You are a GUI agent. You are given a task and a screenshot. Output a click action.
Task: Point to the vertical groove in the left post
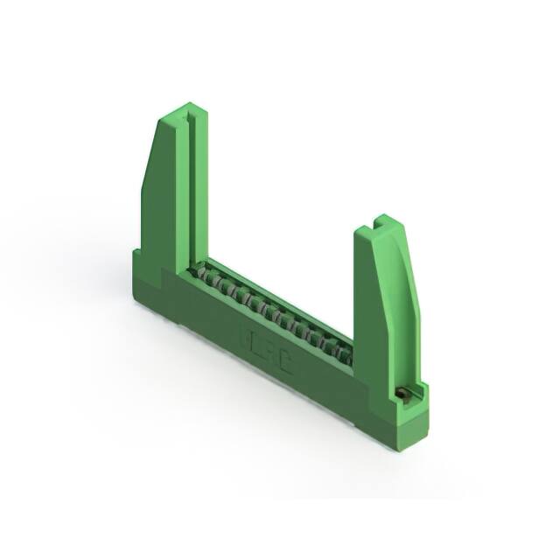[187, 192]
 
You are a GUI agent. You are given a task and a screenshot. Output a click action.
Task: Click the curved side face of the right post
[408, 297]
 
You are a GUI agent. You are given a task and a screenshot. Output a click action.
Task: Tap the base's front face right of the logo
[328, 385]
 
